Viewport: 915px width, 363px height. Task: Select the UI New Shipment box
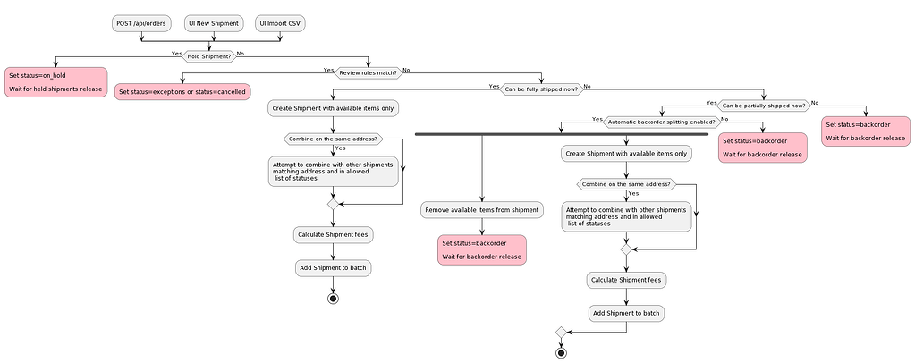coord(214,23)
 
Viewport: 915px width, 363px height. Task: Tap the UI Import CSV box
coord(280,23)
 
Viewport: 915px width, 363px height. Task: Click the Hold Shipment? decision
coord(208,55)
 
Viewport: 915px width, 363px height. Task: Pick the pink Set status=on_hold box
coord(55,82)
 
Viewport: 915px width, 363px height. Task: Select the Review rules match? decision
coord(368,72)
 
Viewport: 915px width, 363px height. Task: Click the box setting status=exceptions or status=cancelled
coord(182,91)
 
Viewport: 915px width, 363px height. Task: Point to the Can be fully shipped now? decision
coord(541,89)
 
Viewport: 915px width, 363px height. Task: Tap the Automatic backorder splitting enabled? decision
coord(661,121)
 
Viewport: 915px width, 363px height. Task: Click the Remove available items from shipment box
coord(482,210)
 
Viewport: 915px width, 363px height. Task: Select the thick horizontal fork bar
coord(562,134)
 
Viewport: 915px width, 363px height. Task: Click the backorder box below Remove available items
coord(482,249)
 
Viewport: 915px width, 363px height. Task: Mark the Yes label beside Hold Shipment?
coord(177,53)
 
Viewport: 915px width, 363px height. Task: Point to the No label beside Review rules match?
coord(407,69)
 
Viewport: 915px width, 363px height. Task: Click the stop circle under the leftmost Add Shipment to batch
coord(333,298)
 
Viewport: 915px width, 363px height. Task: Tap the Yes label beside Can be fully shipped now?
coord(494,86)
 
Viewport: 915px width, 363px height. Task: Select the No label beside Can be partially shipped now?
coord(814,102)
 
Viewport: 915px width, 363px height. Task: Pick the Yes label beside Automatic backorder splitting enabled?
coord(597,118)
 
